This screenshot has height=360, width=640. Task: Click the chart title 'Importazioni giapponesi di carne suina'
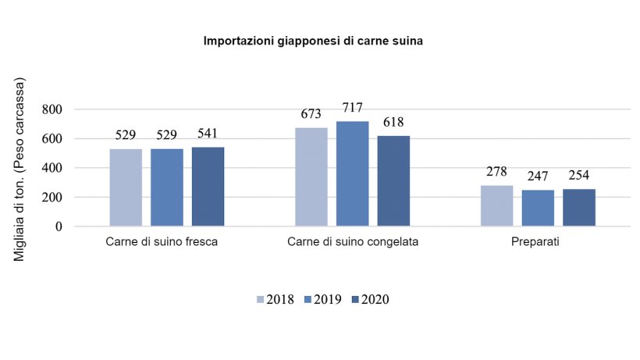tap(313, 41)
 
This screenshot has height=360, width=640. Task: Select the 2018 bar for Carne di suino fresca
tap(126, 187)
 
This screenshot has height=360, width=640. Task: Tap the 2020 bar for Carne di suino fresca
tap(208, 187)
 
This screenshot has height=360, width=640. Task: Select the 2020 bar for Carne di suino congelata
tap(393, 181)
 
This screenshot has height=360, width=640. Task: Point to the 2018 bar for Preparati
tap(496, 206)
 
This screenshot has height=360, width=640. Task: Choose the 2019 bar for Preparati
tap(538, 209)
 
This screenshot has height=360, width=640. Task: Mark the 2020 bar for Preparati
tap(578, 208)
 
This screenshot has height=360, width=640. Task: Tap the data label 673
tap(311, 115)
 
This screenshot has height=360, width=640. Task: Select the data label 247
tap(538, 177)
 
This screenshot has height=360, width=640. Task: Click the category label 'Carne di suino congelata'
tap(352, 242)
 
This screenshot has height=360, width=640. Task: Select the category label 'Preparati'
tap(537, 242)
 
